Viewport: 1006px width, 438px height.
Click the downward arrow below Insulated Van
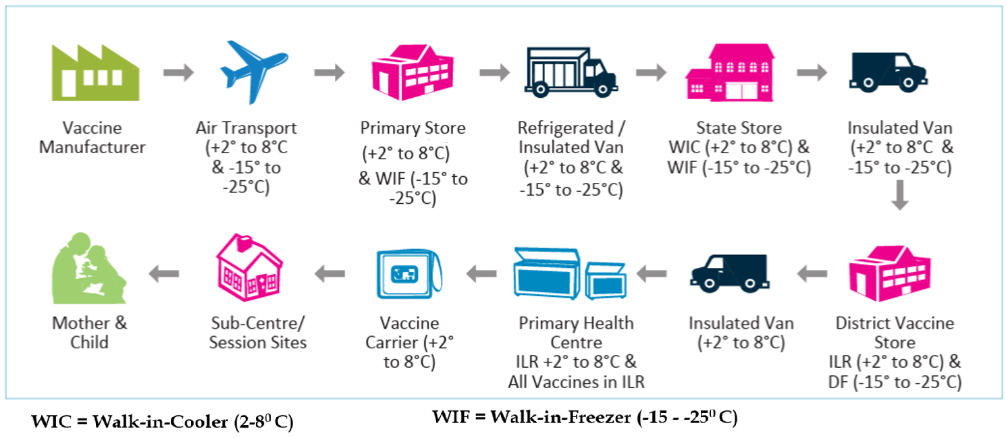click(899, 196)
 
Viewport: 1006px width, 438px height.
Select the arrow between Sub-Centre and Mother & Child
click(164, 273)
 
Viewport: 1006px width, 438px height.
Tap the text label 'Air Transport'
click(246, 128)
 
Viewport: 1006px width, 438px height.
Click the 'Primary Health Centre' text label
click(576, 332)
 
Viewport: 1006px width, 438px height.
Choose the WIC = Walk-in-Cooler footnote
click(162, 423)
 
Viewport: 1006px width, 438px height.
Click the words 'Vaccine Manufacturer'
click(92, 138)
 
